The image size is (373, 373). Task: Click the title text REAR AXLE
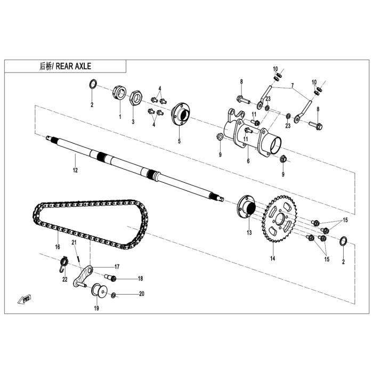74,66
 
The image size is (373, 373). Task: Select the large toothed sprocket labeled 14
279,218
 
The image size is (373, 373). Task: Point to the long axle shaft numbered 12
135,168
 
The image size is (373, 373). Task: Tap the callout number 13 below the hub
249,232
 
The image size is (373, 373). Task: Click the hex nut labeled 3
135,98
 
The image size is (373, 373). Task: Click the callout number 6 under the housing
248,161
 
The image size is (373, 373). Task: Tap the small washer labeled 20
113,295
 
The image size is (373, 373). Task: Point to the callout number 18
140,279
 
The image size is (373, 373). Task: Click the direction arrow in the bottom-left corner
25,299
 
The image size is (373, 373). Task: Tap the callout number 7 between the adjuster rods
293,85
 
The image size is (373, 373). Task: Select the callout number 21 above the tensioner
74,242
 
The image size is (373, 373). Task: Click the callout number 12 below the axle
75,170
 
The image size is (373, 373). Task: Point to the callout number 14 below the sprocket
273,258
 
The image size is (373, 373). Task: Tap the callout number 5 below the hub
179,141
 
